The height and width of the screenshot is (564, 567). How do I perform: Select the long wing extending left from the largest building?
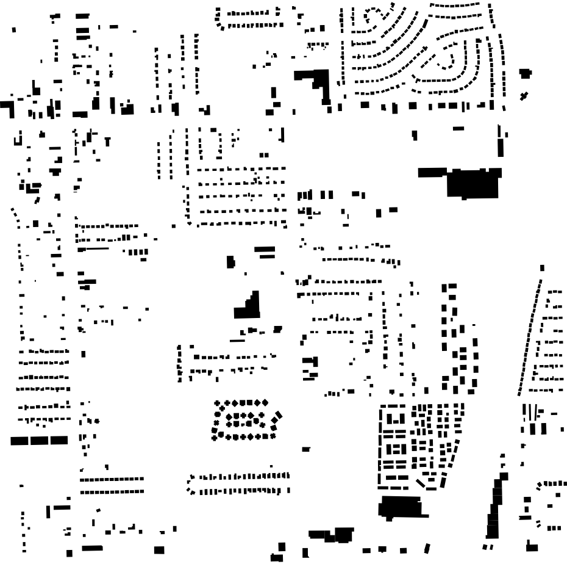(x=433, y=172)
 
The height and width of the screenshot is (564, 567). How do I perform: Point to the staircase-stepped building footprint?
(x=249, y=306)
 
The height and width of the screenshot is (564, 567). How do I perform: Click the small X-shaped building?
(x=524, y=96)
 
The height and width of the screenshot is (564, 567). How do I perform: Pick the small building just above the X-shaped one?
(x=525, y=73)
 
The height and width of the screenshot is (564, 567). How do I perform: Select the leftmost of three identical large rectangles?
(x=20, y=440)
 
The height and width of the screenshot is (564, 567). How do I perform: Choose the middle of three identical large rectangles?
(x=39, y=440)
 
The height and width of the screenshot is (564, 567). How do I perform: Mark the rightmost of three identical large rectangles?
(x=59, y=440)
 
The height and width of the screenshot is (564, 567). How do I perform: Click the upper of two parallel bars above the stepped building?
(x=265, y=248)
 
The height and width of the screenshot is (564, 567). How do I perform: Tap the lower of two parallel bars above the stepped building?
(x=265, y=255)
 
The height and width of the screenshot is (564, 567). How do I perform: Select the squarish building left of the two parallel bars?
(x=230, y=262)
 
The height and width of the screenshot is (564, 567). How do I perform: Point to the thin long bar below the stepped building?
(x=238, y=339)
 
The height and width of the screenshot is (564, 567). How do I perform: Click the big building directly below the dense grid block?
(x=401, y=507)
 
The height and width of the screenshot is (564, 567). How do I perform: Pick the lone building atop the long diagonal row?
(x=542, y=267)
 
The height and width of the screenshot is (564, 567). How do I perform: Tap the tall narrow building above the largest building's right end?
(x=501, y=147)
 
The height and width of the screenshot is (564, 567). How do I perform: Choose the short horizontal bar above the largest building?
(x=458, y=128)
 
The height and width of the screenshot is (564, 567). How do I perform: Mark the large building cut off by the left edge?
(x=6, y=108)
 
